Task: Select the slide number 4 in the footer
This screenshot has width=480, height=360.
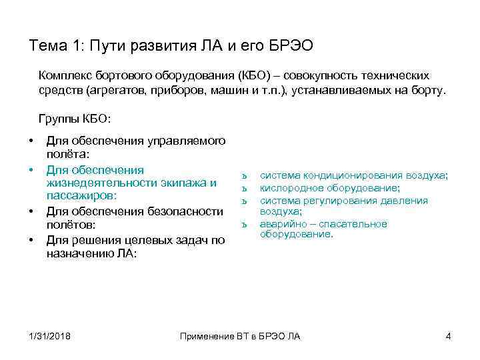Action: (x=448, y=335)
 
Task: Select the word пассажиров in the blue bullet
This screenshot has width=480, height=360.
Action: (x=81, y=195)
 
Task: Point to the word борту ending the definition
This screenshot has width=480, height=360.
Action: (x=423, y=91)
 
